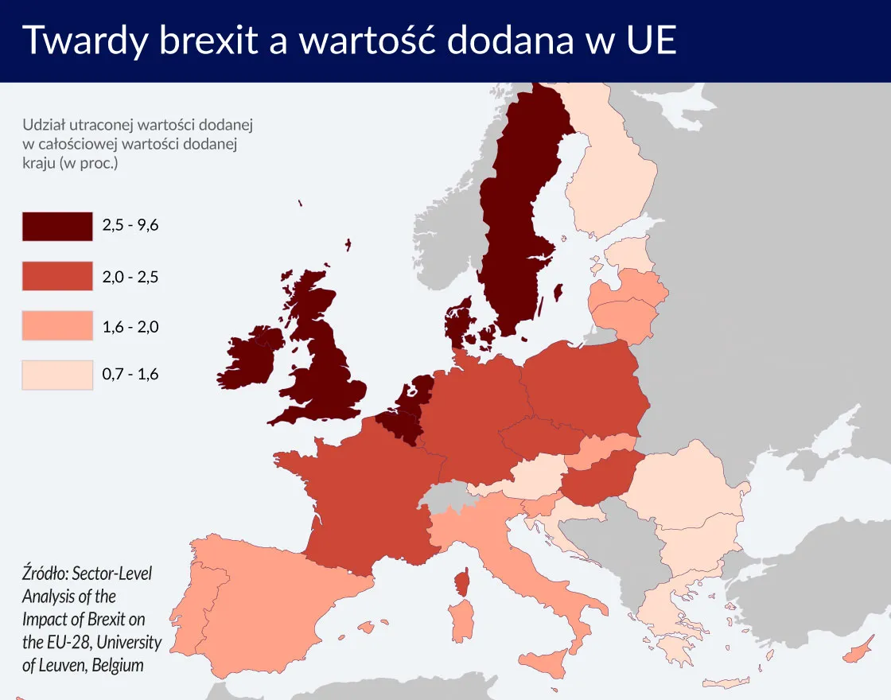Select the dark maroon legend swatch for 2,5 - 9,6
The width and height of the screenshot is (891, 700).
57,226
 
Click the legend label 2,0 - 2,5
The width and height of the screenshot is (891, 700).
130,276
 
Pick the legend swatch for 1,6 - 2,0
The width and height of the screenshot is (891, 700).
57,325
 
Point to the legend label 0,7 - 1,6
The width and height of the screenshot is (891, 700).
130,374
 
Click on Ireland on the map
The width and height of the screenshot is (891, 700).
253,358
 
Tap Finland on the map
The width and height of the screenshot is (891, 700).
609,175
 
